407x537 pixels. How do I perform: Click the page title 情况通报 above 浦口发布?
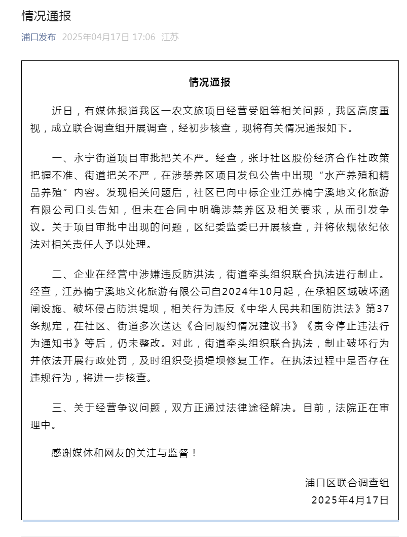[46, 16]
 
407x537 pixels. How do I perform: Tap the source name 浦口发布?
[39, 37]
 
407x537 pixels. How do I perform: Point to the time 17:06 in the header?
[143, 37]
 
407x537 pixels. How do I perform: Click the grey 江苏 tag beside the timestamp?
[170, 37]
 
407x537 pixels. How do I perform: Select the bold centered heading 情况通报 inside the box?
[210, 82]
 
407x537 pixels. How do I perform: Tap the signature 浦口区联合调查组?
[347, 482]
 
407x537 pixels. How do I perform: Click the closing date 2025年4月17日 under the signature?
[350, 499]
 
